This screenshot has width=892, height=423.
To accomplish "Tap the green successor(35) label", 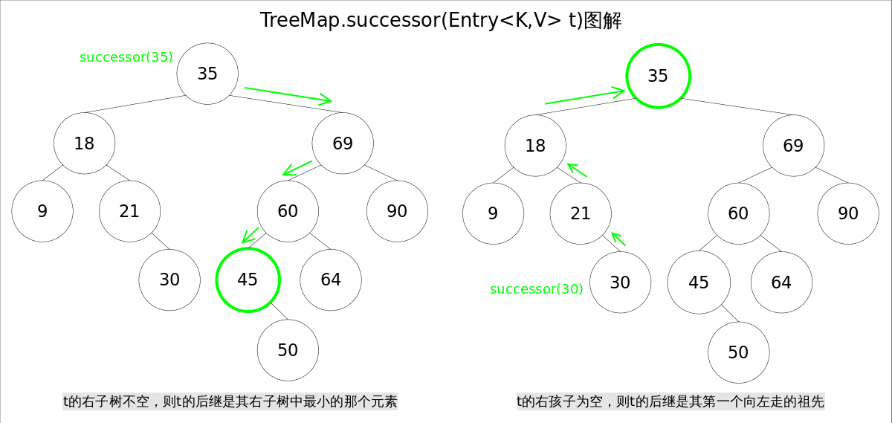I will [126, 57].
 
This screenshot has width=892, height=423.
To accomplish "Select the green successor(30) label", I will [536, 289].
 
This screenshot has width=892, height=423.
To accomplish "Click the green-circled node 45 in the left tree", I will [248, 280].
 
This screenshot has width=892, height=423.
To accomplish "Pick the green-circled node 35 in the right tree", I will [658, 76].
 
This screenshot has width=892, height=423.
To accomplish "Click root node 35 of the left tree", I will [207, 74].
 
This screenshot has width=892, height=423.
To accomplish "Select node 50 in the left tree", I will [288, 350].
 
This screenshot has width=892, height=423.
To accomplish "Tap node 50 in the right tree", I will [738, 352].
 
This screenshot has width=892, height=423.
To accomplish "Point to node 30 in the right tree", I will [620, 282].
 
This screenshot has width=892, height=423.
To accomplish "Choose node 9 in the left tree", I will [42, 211].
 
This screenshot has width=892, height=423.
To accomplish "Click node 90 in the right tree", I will [848, 213].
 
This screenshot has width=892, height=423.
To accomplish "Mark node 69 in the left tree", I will [343, 143].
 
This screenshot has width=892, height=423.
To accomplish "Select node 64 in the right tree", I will [781, 282].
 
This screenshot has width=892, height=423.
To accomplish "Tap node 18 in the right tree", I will [535, 146].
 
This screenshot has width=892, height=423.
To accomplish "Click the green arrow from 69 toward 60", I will [297, 167].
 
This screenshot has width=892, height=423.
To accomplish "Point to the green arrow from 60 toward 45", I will [251, 236].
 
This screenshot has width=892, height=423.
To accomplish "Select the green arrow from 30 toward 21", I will [619, 239].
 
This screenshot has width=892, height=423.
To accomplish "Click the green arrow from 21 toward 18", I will [577, 170].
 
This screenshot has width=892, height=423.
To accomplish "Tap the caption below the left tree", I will [230, 402].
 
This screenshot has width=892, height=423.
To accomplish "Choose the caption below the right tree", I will [670, 402].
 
